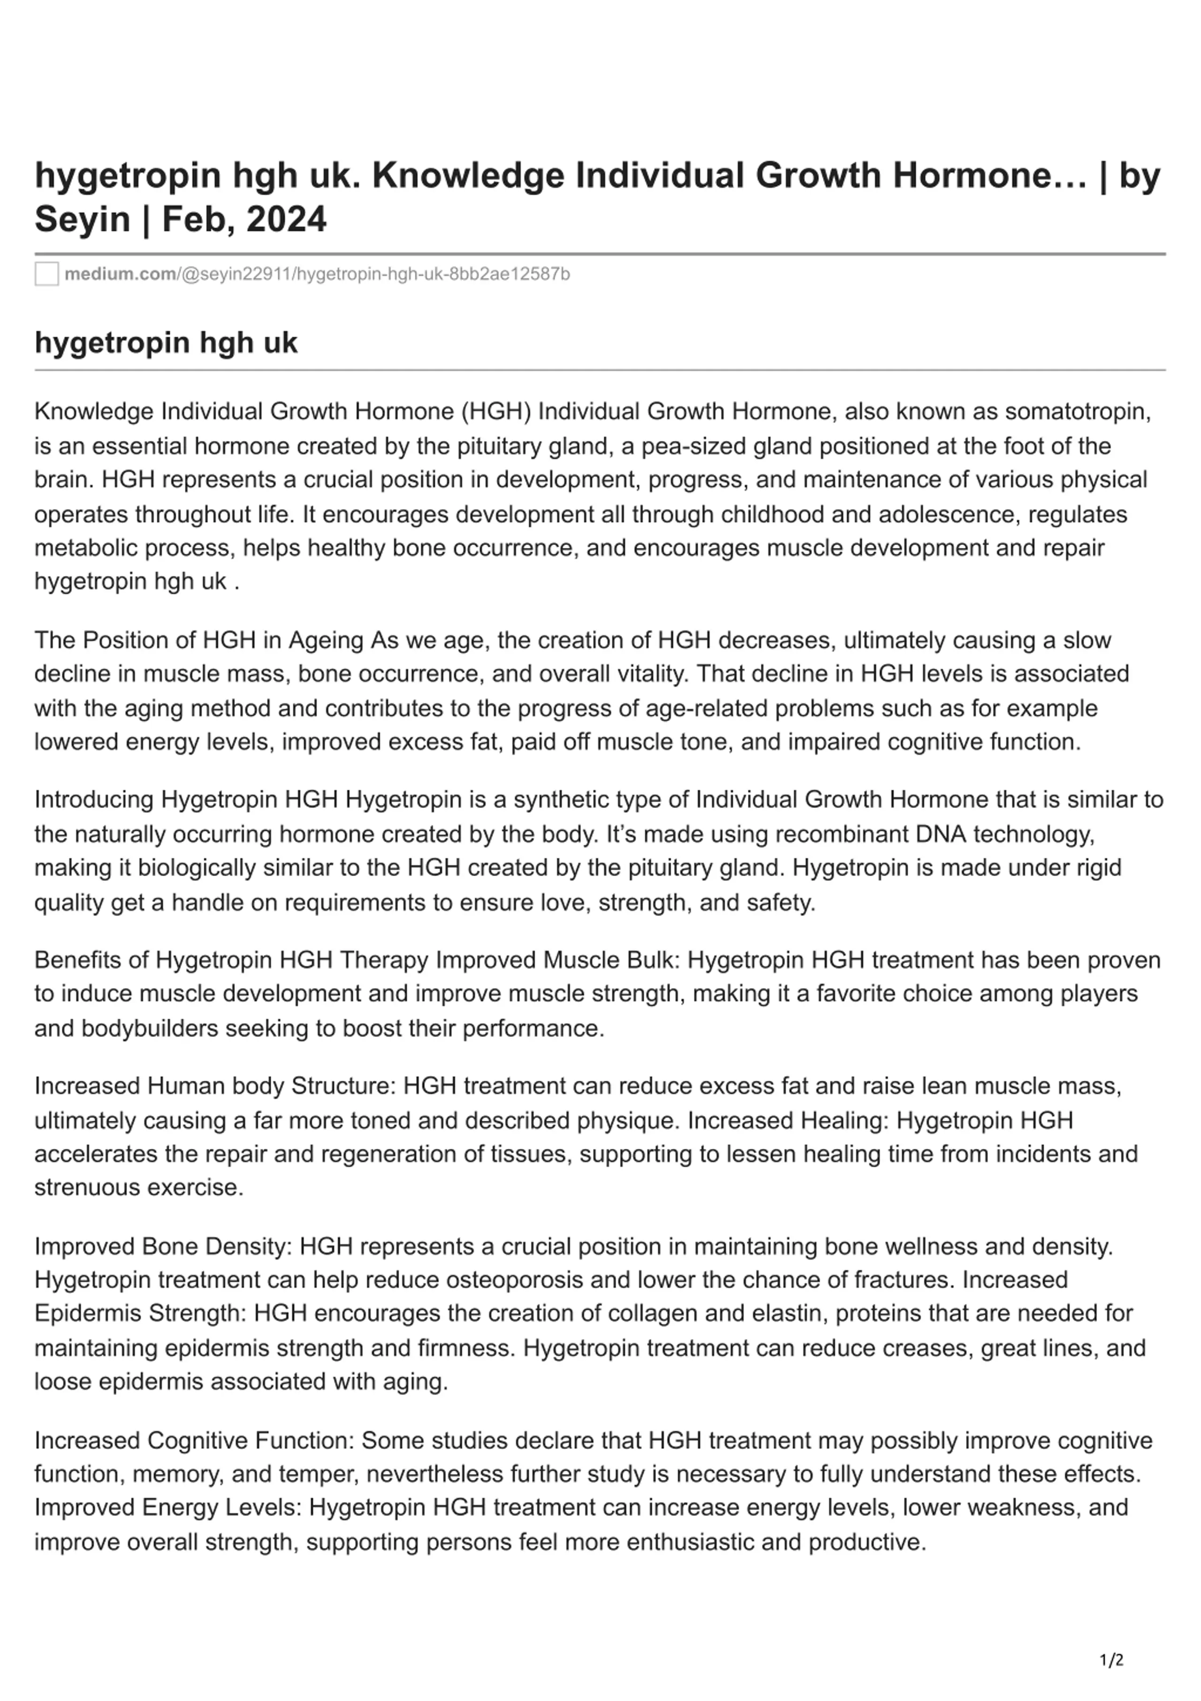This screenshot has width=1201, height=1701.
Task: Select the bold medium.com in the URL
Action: pos(120,274)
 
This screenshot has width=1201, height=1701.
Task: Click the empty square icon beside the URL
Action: pos(46,274)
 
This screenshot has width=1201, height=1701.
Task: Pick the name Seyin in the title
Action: pos(82,219)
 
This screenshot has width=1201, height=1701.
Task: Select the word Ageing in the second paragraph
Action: pos(327,640)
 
